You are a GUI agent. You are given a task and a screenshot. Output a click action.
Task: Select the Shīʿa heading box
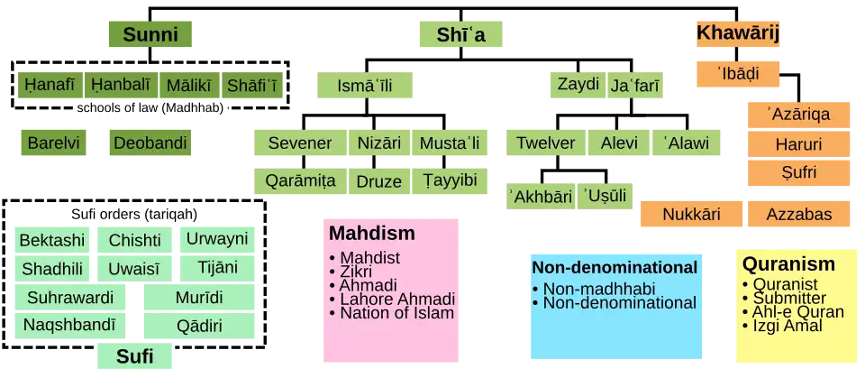[460, 34]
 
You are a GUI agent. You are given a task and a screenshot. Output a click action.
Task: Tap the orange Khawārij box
[737, 33]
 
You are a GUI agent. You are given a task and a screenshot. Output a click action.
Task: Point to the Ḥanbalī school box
[120, 85]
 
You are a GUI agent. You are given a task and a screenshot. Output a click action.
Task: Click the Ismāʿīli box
[365, 85]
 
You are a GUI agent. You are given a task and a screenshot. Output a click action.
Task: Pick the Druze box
[378, 181]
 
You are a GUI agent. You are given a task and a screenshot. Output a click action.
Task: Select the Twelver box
[546, 143]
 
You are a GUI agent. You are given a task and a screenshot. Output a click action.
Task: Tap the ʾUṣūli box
[605, 196]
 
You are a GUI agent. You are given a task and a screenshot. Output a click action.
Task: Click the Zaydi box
[578, 85]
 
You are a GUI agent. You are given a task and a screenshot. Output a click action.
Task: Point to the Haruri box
[798, 144]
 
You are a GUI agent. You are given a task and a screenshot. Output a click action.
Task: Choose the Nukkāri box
[692, 214]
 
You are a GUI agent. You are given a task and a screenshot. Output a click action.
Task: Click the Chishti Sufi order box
[135, 240]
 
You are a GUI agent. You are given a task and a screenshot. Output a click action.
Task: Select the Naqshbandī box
[69, 326]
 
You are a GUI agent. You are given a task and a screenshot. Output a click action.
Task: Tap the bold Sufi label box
[134, 356]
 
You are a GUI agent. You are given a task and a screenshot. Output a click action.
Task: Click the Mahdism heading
[372, 234]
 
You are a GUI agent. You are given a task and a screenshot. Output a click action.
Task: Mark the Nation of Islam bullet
[391, 313]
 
